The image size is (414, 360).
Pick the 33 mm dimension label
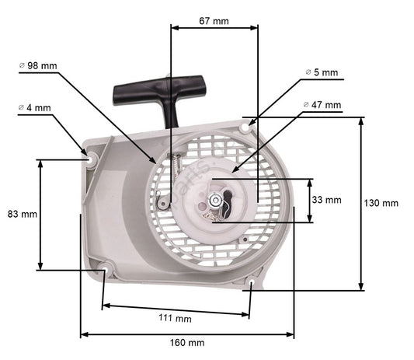pyautogui.click(x=326, y=200)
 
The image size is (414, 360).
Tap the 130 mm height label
pyautogui.click(x=381, y=203)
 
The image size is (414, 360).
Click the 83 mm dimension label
pyautogui.click(x=22, y=213)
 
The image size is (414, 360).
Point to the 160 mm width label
pyautogui.click(x=186, y=342)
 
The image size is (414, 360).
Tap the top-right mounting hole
pyautogui.click(x=246, y=124)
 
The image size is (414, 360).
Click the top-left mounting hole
pyautogui.click(x=91, y=159)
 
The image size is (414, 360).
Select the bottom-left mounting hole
pyautogui.click(x=104, y=271)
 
